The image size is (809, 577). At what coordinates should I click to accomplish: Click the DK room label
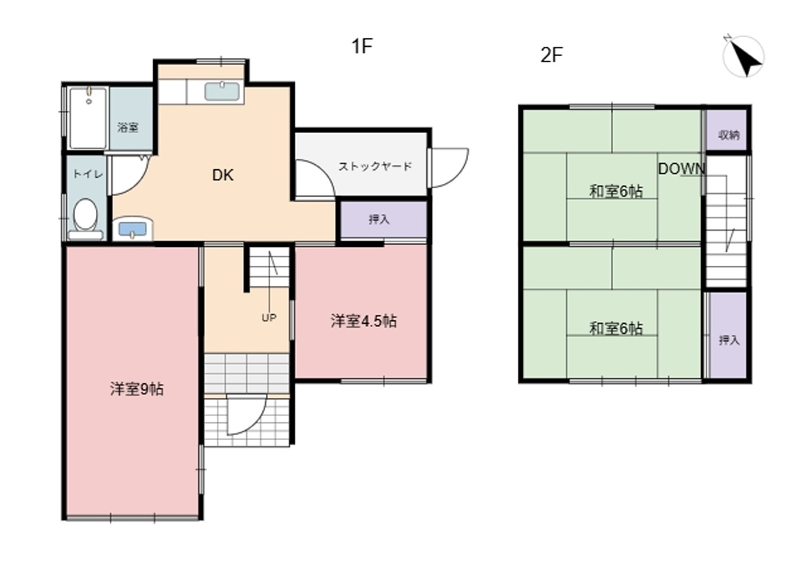click(223, 176)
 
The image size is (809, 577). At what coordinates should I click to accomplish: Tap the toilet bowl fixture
click(85, 219)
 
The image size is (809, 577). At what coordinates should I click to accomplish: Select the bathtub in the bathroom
click(88, 118)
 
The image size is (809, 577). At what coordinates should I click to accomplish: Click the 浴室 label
click(128, 127)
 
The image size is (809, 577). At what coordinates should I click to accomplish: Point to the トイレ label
click(87, 173)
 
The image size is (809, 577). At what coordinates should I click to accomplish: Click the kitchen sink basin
click(222, 91)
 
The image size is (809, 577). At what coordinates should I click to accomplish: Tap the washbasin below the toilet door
click(133, 229)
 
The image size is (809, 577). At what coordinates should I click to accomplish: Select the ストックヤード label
click(375, 166)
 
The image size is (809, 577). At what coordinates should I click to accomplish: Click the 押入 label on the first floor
click(379, 220)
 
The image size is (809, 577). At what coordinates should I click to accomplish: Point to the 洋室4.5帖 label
click(364, 321)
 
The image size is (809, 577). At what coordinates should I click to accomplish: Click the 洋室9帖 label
click(136, 389)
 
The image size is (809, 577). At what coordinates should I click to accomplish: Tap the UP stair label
click(269, 318)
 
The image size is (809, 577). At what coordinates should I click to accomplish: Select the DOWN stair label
click(682, 169)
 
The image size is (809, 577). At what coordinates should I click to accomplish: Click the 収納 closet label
click(729, 135)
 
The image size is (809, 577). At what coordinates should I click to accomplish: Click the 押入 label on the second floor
click(729, 341)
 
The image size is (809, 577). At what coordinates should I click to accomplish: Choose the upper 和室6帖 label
click(616, 192)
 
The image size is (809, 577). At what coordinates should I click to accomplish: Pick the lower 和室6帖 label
click(616, 329)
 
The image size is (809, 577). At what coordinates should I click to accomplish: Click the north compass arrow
click(745, 58)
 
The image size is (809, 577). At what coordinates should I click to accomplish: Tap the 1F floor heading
click(363, 46)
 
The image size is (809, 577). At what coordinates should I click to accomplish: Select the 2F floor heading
click(551, 55)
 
